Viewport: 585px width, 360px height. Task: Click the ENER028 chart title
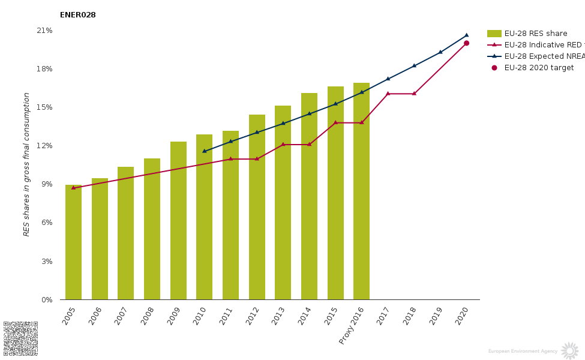[77, 15]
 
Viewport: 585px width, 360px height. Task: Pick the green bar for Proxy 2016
[361, 192]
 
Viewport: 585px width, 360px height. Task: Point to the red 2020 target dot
[466, 43]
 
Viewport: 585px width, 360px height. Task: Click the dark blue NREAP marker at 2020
[466, 35]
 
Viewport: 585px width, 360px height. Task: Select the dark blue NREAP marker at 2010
[204, 151]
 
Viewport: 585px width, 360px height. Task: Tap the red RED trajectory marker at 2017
[388, 94]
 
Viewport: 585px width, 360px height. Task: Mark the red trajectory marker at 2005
[73, 188]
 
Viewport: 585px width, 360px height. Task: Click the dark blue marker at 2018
[414, 65]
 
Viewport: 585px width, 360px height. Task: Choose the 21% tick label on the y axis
[45, 31]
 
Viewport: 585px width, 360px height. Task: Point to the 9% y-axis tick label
[47, 184]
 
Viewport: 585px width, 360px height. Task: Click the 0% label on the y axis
[47, 300]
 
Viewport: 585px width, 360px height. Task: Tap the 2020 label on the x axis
[461, 316]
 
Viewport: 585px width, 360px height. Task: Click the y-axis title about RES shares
[26, 164]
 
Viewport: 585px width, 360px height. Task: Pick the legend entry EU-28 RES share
[535, 34]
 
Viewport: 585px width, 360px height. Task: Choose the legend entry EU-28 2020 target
[538, 68]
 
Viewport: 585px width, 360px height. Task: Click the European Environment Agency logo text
[523, 351]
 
